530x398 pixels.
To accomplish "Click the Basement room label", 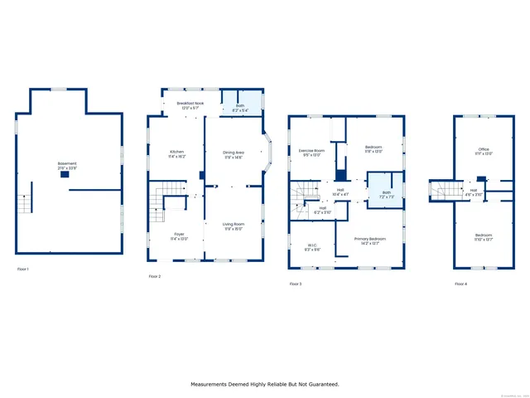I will [x=67, y=164].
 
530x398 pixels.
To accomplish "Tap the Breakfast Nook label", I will [x=190, y=103].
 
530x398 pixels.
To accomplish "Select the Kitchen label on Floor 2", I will [x=177, y=153].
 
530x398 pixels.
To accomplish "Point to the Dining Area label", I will [x=234, y=153].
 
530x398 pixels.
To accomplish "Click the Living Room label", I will [x=234, y=225].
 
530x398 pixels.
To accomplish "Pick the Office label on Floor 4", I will [x=483, y=150].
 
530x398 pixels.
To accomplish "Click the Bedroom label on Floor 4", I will [x=483, y=235].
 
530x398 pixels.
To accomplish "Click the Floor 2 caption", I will [x=155, y=276].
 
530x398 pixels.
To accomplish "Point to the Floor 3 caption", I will [x=296, y=284].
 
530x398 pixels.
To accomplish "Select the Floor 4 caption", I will [x=460, y=284].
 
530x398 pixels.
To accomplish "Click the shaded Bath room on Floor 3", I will [x=384, y=196].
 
